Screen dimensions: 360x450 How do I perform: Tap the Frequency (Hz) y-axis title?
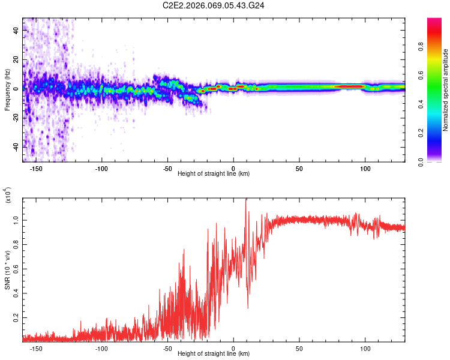[x=7, y=91]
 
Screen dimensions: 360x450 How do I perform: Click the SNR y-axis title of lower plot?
[x=7, y=269]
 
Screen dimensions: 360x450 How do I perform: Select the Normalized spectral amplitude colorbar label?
[x=445, y=91]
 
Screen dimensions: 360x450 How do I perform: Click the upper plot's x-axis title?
[x=214, y=174]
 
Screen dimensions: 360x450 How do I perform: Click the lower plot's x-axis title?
[x=214, y=354]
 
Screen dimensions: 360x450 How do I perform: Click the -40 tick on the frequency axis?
[x=14, y=147]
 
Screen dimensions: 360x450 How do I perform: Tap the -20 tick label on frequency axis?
[x=14, y=118]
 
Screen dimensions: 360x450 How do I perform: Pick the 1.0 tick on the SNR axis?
[x=16, y=220]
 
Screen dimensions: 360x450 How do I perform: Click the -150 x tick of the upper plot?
[x=36, y=167]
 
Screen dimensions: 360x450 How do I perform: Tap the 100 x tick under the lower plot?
[x=365, y=347]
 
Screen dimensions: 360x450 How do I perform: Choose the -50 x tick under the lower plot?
[x=167, y=347]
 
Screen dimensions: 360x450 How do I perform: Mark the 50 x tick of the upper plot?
[x=299, y=167]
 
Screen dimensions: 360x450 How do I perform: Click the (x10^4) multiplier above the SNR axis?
[x=8, y=196]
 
